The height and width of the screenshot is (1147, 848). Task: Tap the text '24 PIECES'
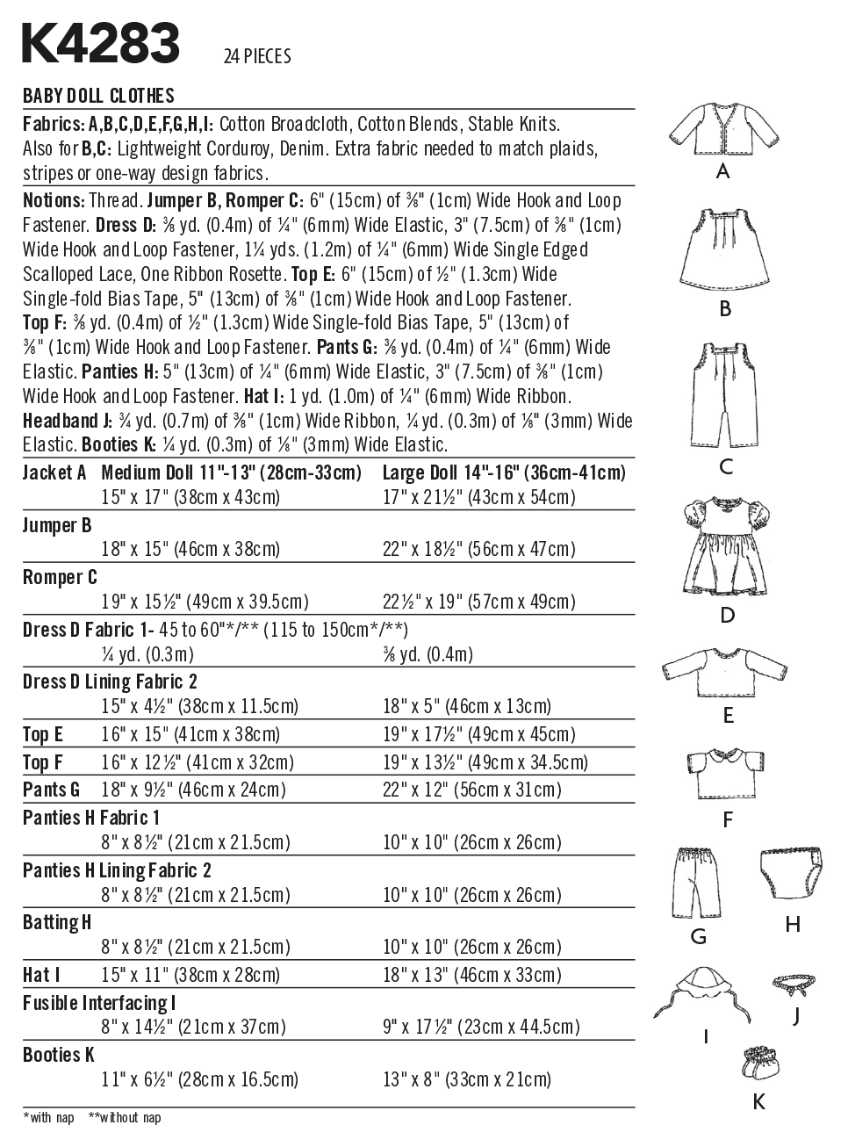(x=257, y=57)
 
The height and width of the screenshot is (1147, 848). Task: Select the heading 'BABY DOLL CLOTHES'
(x=98, y=96)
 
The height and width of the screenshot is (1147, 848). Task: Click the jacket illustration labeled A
(x=721, y=128)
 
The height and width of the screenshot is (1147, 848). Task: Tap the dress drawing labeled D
(x=725, y=545)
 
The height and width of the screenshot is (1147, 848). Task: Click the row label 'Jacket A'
(x=54, y=473)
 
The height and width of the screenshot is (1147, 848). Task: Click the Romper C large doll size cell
(x=478, y=602)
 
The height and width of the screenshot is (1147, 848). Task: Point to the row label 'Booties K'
(x=59, y=1054)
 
